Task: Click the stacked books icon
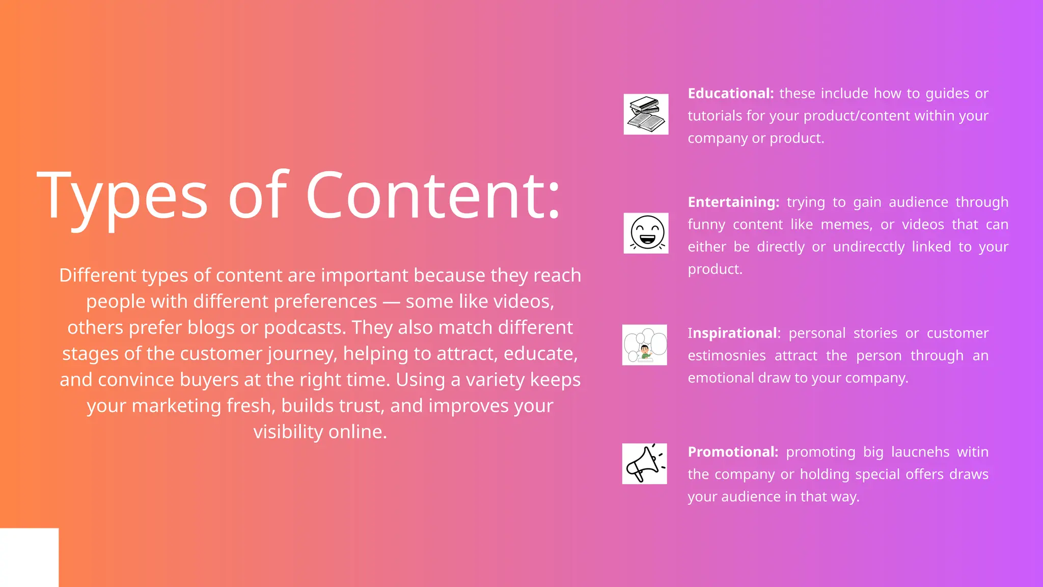[646, 114]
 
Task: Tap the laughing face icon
[646, 233]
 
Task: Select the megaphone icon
[644, 463]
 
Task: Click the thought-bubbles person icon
[644, 344]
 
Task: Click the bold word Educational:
[730, 93]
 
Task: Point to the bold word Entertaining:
[733, 202]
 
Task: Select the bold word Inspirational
[732, 333]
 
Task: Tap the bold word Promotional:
[733, 451]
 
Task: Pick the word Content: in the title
[433, 196]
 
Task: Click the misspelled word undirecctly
[869, 247]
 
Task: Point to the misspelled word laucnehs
[920, 451]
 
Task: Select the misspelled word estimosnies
[727, 355]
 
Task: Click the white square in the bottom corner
[29, 557]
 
